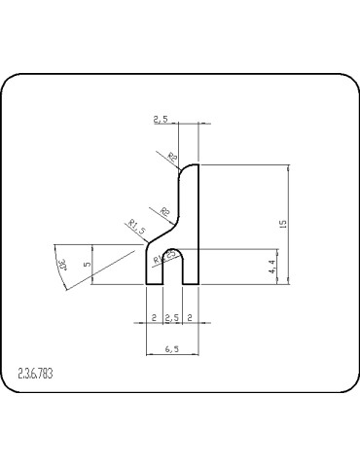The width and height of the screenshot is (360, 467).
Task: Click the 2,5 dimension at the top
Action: point(162,119)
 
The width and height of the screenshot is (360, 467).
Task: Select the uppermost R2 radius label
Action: point(173,156)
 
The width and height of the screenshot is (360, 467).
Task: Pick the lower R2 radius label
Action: point(164,211)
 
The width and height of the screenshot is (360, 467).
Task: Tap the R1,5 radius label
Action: point(136,229)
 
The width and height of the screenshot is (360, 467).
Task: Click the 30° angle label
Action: point(63,264)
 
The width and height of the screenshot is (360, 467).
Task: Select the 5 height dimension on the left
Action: point(88,264)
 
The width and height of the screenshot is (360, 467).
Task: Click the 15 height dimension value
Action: point(282,224)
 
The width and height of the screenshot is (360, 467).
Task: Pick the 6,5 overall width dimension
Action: point(172,348)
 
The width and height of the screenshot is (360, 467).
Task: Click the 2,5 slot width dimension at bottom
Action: point(172,318)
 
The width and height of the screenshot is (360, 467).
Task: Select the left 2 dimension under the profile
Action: point(153,318)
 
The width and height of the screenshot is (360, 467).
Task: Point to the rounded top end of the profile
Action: point(190,167)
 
